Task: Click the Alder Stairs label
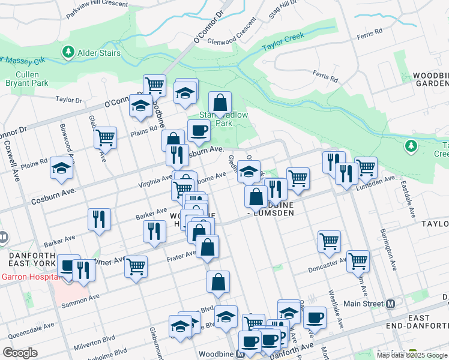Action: pyautogui.click(x=99, y=53)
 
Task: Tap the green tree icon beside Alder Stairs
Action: pyautogui.click(x=68, y=53)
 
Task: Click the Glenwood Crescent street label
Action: pyautogui.click(x=231, y=38)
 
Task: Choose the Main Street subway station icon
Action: pyautogui.click(x=391, y=304)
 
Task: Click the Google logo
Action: pyautogui.click(x=20, y=353)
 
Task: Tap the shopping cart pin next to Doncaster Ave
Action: pyautogui.click(x=358, y=260)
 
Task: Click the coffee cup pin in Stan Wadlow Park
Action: pyautogui.click(x=199, y=130)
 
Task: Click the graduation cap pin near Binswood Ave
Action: pyautogui.click(x=62, y=169)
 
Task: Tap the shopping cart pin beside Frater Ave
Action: pyautogui.click(x=136, y=265)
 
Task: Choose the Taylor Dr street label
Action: pyautogui.click(x=68, y=100)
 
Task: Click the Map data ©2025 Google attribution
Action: pyautogui.click(x=411, y=355)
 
